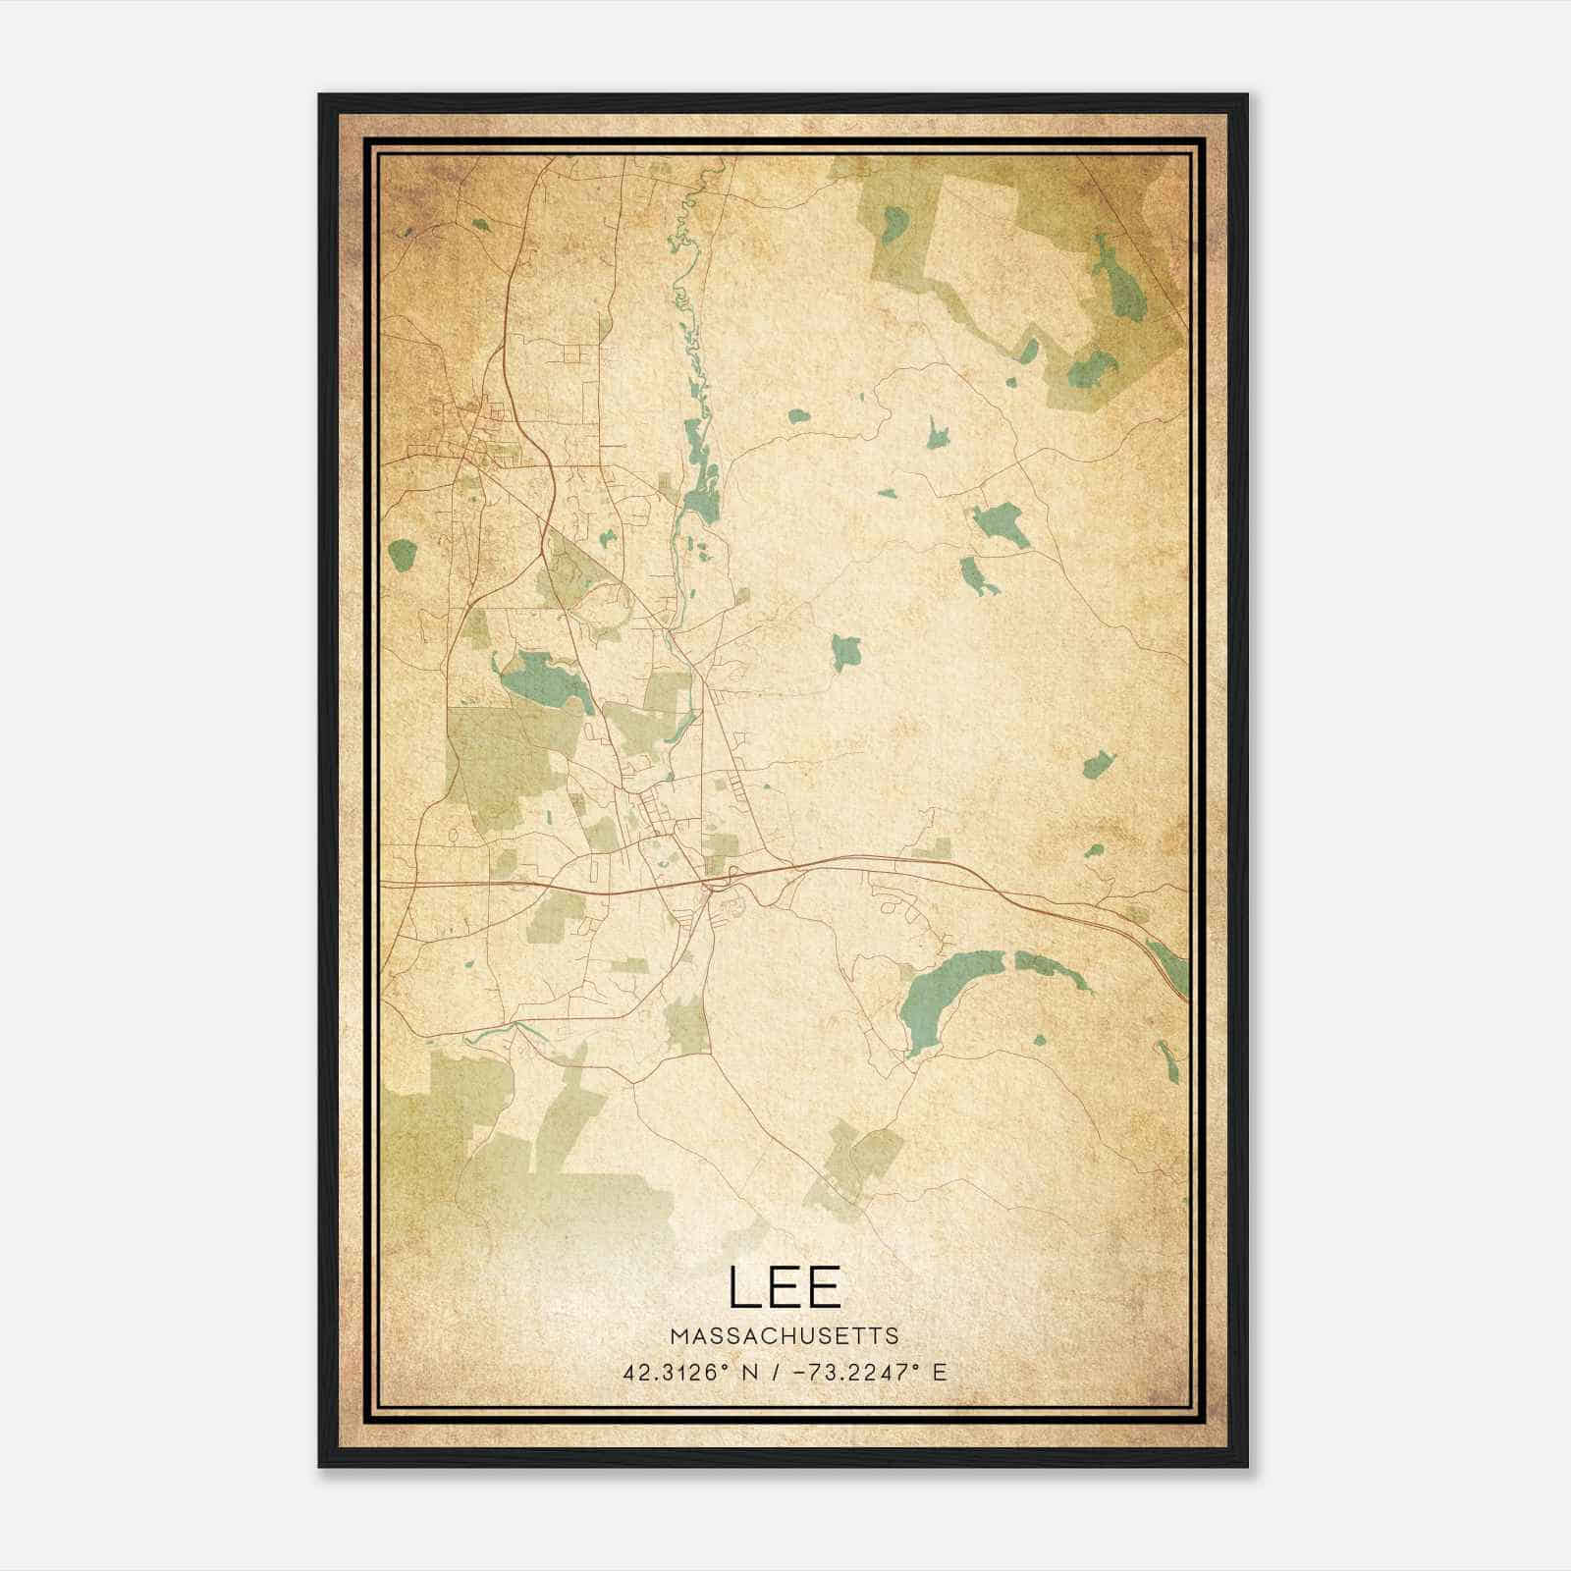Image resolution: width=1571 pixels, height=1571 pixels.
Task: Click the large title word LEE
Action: tap(785, 1286)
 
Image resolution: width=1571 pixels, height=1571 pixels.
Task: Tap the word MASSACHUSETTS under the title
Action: tap(785, 1335)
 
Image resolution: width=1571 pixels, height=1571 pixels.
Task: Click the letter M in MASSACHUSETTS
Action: tap(679, 1335)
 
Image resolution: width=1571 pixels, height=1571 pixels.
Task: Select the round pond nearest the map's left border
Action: tap(403, 556)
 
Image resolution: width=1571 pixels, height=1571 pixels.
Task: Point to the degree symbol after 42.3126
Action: tap(728, 1367)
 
